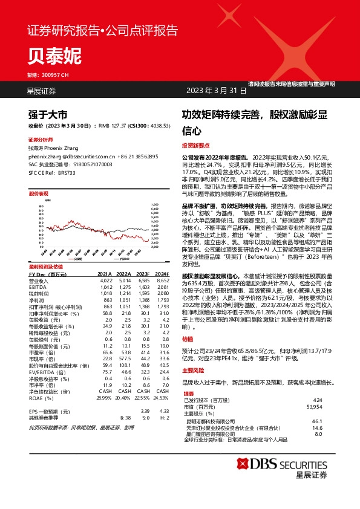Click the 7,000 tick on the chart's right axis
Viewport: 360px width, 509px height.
[155, 204]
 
